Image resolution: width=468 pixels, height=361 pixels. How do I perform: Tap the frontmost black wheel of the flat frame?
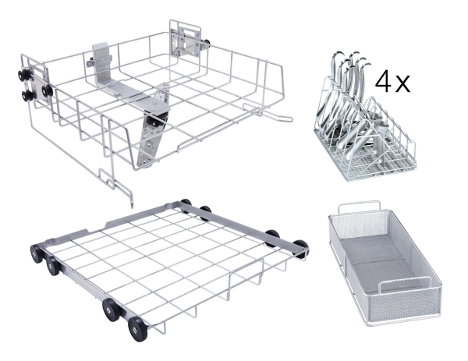tap(137, 329)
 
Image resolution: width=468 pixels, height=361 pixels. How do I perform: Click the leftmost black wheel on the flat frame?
tap(37, 253)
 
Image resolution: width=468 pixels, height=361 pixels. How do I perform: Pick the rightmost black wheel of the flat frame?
tap(301, 247)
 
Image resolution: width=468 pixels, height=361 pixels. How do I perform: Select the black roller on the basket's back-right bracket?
tap(207, 43)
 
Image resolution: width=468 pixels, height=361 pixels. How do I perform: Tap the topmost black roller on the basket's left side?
tap(23, 76)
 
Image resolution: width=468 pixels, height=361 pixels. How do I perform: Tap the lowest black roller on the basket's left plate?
tap(28, 95)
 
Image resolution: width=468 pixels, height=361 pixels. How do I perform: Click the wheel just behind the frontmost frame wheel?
tap(112, 310)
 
